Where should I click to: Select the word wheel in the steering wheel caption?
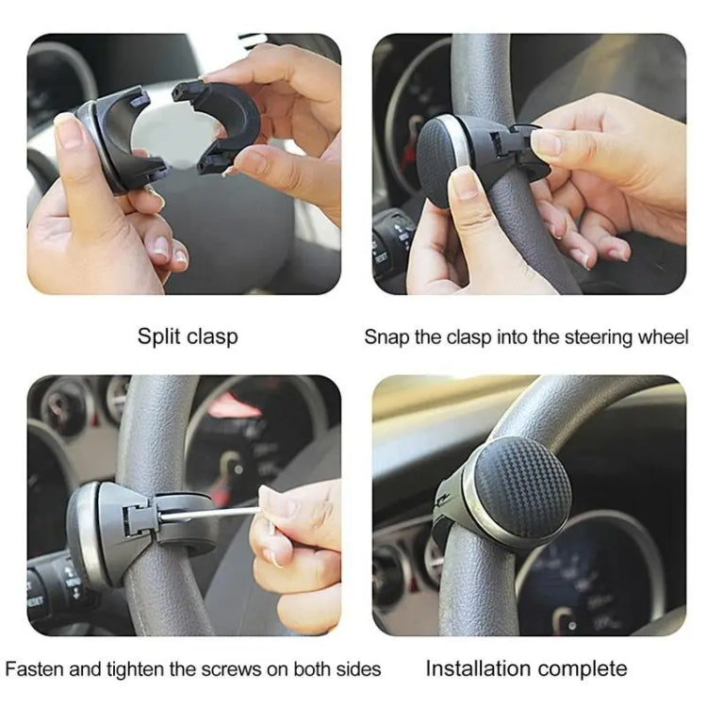664,337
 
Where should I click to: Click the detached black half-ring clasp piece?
222,123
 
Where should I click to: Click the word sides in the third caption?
359,669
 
